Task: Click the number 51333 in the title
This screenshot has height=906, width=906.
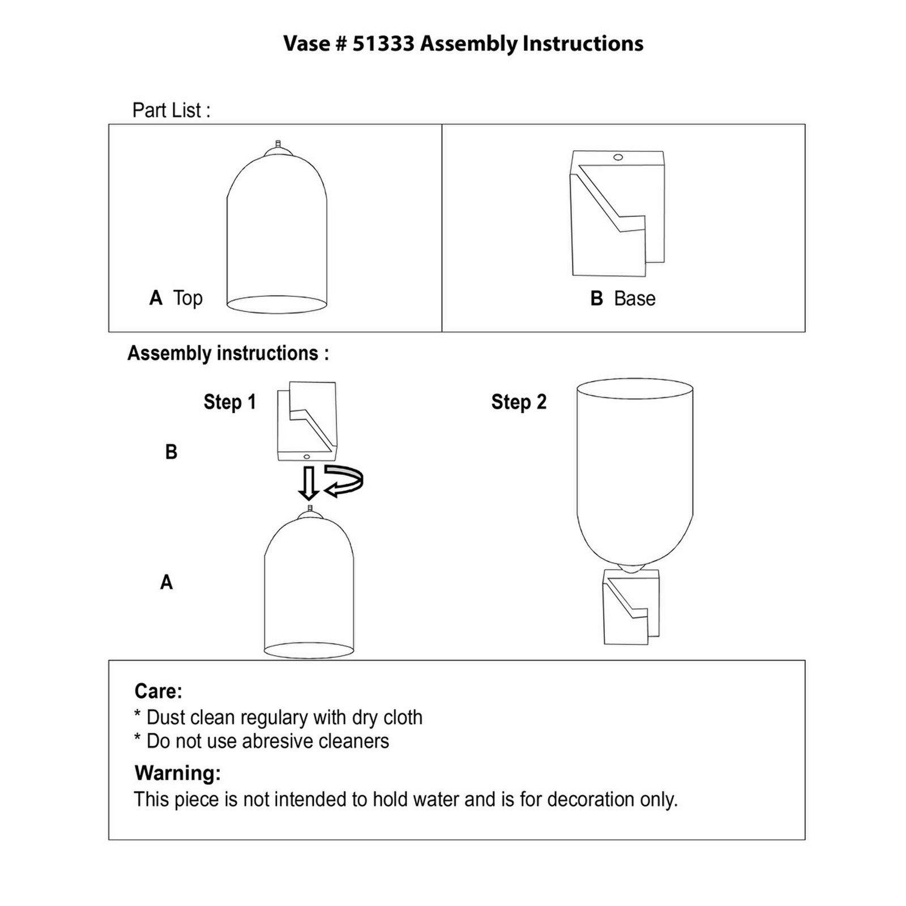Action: click(x=383, y=44)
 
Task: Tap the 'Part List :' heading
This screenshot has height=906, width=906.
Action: click(x=171, y=110)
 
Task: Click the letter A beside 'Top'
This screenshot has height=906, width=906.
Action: click(x=156, y=298)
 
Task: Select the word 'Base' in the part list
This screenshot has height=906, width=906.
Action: click(x=634, y=298)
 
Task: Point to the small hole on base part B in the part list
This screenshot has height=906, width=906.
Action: click(x=618, y=157)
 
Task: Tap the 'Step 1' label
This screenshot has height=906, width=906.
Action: click(x=230, y=402)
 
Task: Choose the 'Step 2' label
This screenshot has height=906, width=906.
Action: click(x=519, y=402)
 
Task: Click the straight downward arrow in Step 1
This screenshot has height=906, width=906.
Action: click(x=309, y=483)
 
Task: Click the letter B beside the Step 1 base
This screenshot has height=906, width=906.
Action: click(x=171, y=452)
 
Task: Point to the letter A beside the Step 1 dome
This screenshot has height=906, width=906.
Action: click(x=166, y=582)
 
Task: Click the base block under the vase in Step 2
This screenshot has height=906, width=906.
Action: click(x=631, y=609)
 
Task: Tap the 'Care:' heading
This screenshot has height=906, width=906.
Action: click(x=158, y=691)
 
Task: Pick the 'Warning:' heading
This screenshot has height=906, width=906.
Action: click(x=177, y=773)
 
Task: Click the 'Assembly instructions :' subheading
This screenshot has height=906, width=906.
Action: click(x=228, y=353)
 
